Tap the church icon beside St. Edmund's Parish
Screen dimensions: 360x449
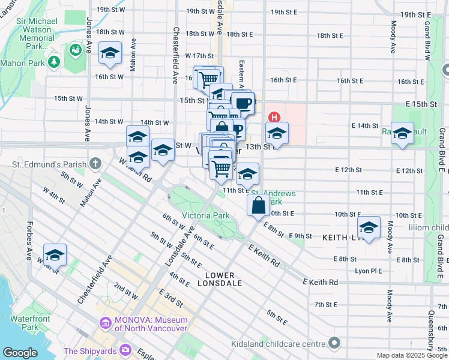pyautogui.click(x=95, y=164)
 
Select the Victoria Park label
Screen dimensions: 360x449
pyautogui.click(x=206, y=215)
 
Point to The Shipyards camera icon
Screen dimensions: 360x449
pyautogui.click(x=125, y=350)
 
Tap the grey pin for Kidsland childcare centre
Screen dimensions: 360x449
pyautogui.click(x=334, y=344)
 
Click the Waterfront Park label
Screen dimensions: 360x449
pyautogui.click(x=25, y=323)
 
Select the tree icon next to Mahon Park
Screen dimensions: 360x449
pyautogui.click(x=54, y=62)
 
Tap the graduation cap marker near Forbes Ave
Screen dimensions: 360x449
pyautogui.click(x=55, y=255)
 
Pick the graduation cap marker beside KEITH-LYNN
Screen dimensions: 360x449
pyautogui.click(x=369, y=227)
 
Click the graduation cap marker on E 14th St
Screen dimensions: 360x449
pyautogui.click(x=402, y=132)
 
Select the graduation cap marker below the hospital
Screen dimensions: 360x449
pyautogui.click(x=277, y=133)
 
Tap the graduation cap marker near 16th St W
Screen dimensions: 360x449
pyautogui.click(x=110, y=53)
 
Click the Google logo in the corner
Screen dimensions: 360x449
pyautogui.click(x=20, y=353)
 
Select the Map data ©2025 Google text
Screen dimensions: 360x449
pyautogui.click(x=411, y=355)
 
